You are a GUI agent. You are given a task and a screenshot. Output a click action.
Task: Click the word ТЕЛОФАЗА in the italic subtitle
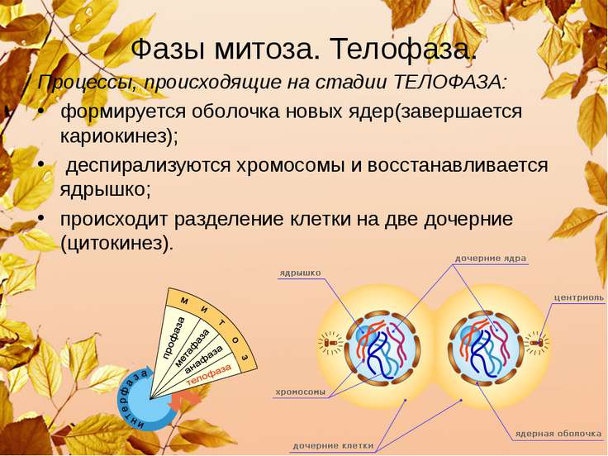pos(449,83)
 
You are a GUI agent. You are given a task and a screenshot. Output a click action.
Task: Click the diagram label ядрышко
pos(300,273)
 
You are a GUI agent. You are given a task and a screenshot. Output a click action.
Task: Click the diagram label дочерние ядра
pos(490,259)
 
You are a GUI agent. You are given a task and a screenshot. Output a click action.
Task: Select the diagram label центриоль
pos(578,297)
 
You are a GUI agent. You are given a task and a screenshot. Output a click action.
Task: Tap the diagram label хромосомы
pos(301,392)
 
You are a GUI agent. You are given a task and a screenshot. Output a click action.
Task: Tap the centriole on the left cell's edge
pos(331,341)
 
